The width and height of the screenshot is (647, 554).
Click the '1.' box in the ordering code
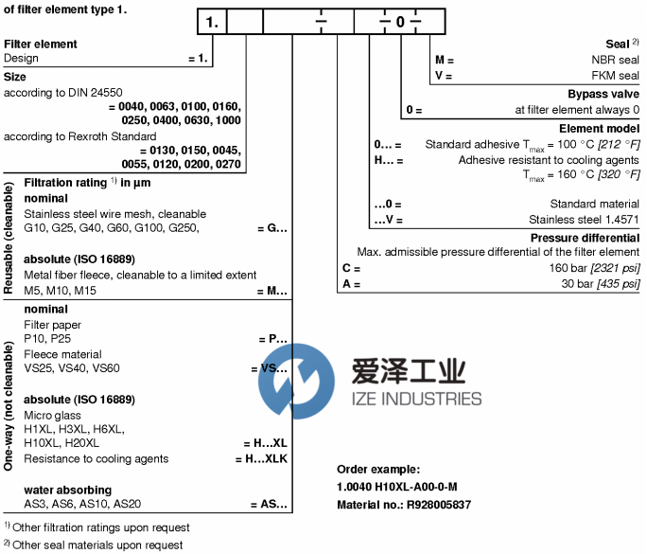tap(213, 22)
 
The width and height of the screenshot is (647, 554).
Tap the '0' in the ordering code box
tap(401, 22)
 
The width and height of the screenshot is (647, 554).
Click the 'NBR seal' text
tap(616, 59)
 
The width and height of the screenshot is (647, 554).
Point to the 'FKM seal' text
tap(616, 75)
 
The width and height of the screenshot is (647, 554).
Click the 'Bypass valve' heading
tap(603, 94)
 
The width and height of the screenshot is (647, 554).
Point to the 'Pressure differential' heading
tap(585, 238)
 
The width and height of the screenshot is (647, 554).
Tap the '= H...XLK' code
tap(260, 459)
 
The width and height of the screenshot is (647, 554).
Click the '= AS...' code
tap(269, 505)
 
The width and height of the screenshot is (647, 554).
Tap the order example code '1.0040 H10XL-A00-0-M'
tap(397, 488)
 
